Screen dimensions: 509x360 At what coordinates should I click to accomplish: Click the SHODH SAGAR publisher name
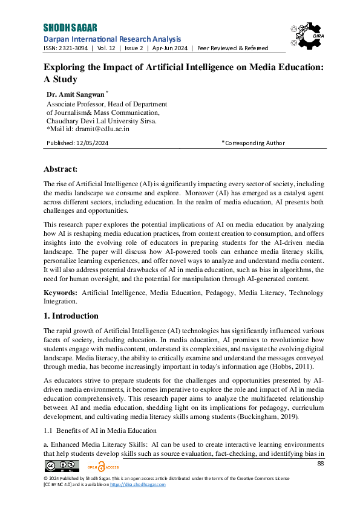[70, 28]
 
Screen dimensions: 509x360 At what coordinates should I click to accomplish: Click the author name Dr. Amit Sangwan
[76, 95]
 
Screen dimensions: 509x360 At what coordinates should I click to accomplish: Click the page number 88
[321, 463]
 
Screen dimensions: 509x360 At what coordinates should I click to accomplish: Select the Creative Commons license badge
[62, 466]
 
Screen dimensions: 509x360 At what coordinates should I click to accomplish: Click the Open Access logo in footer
[103, 466]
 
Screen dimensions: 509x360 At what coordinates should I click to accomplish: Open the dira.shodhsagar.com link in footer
[140, 485]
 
